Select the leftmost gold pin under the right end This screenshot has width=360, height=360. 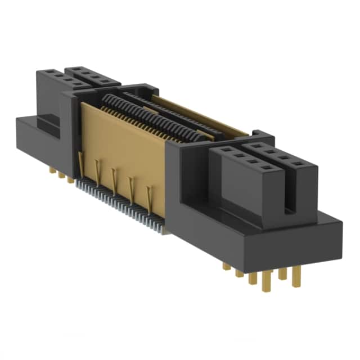point(226,265)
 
